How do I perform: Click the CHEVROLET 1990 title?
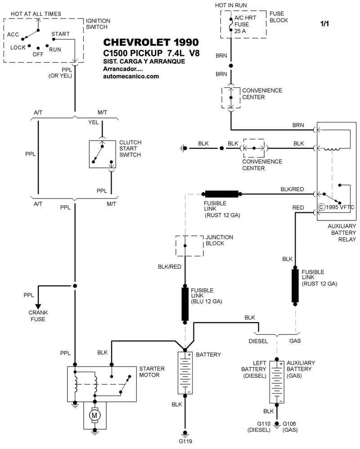pos(150,43)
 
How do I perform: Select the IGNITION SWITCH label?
pos(98,24)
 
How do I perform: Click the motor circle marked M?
pos(94,414)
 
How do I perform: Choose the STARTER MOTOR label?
pos(152,372)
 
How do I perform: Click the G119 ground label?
pos(185,441)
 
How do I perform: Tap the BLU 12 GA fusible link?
pos(185,302)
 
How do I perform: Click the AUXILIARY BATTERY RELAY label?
pos(342,233)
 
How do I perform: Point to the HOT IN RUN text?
pos(231,5)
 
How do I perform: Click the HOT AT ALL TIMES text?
pos(36,14)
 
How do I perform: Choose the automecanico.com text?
pos(131,76)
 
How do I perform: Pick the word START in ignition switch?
pos(60,34)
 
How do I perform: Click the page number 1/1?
pos(324,24)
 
